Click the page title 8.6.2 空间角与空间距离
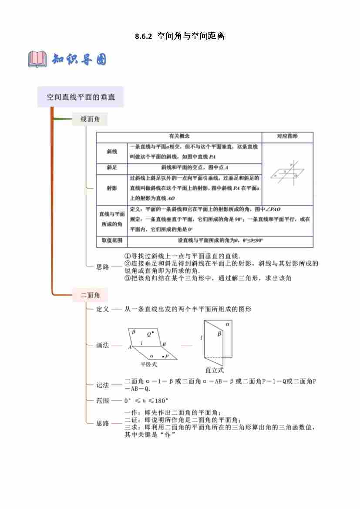tap(180, 37)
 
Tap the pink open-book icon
tap(37, 59)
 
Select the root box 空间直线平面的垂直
tap(81, 97)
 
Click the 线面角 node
tap(90, 119)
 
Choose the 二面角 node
tap(90, 295)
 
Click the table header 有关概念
tap(179, 137)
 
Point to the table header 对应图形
tap(287, 137)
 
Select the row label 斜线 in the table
tap(112, 152)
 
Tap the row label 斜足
tap(112, 168)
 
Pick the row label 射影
tap(112, 188)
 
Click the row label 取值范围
tap(112, 240)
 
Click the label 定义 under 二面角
tap(103, 309)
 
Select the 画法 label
tap(103, 345)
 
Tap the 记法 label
tap(103, 385)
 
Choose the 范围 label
tap(103, 401)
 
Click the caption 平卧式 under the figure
tap(149, 365)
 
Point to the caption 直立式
tap(214, 370)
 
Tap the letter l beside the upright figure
tap(201, 338)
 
